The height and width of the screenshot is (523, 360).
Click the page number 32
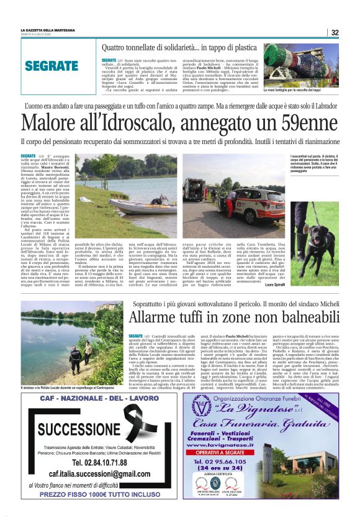(x=335, y=32)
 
